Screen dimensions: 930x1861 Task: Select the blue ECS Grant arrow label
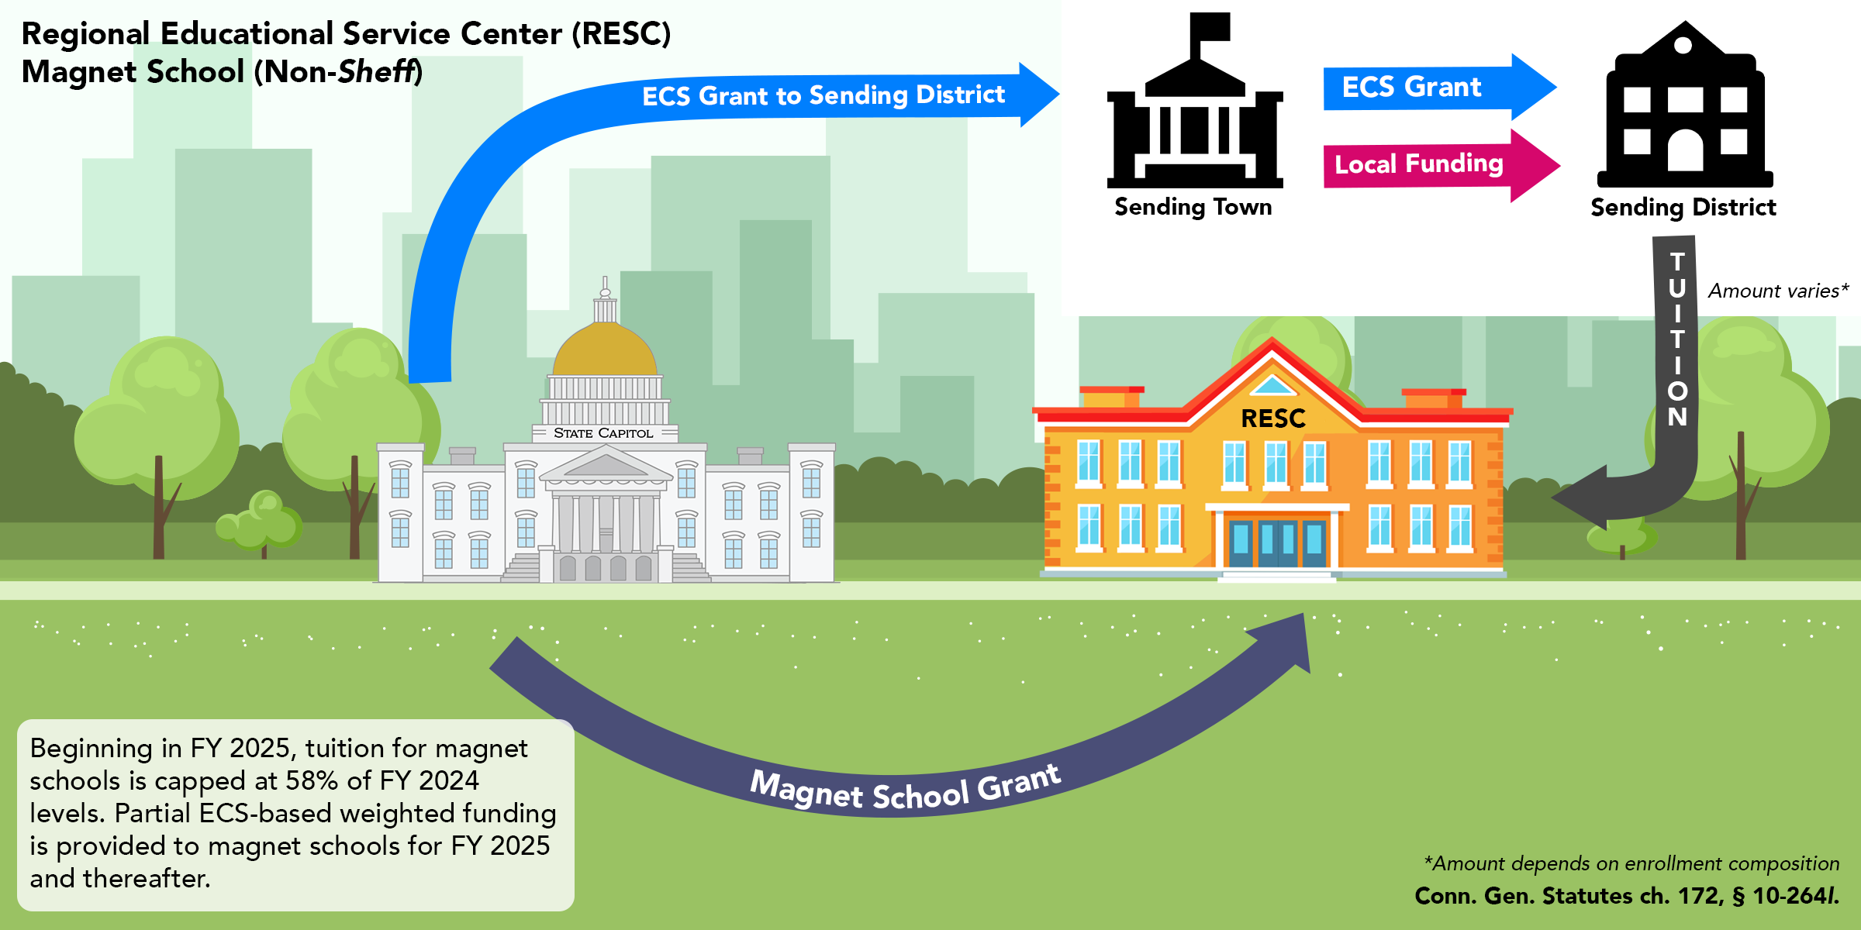point(1411,87)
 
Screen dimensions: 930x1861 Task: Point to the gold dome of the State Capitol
point(605,353)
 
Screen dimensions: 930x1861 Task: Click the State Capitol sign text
point(603,433)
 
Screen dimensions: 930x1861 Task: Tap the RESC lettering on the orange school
point(1273,419)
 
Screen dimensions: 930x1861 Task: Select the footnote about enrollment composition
point(1631,863)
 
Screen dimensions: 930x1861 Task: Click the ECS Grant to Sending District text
point(823,95)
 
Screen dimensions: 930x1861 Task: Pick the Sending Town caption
point(1193,207)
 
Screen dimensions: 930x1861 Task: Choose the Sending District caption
point(1683,208)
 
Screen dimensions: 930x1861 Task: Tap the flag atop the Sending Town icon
point(1211,26)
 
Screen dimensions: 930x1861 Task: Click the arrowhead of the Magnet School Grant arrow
point(1287,639)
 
